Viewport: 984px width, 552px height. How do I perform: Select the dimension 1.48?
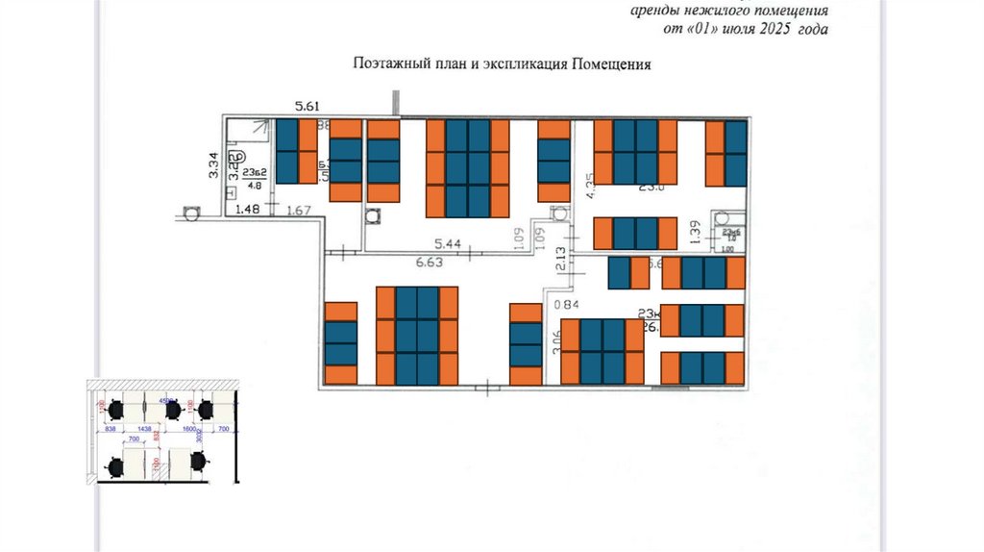(x=248, y=210)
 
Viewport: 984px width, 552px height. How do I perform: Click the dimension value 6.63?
(x=429, y=261)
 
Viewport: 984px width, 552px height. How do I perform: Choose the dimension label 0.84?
(x=571, y=306)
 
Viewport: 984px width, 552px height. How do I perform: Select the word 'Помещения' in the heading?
(x=612, y=65)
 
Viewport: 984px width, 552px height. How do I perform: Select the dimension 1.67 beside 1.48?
(x=299, y=211)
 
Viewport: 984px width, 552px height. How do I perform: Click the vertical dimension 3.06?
(x=556, y=342)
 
